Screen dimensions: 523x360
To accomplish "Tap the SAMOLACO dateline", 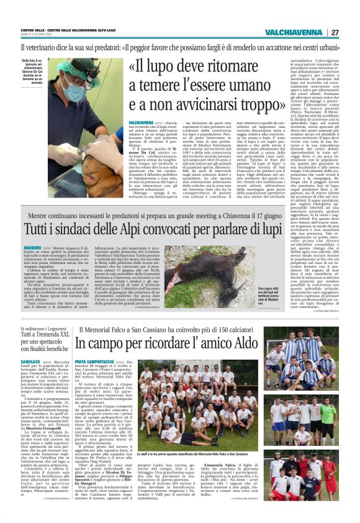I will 33,360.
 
